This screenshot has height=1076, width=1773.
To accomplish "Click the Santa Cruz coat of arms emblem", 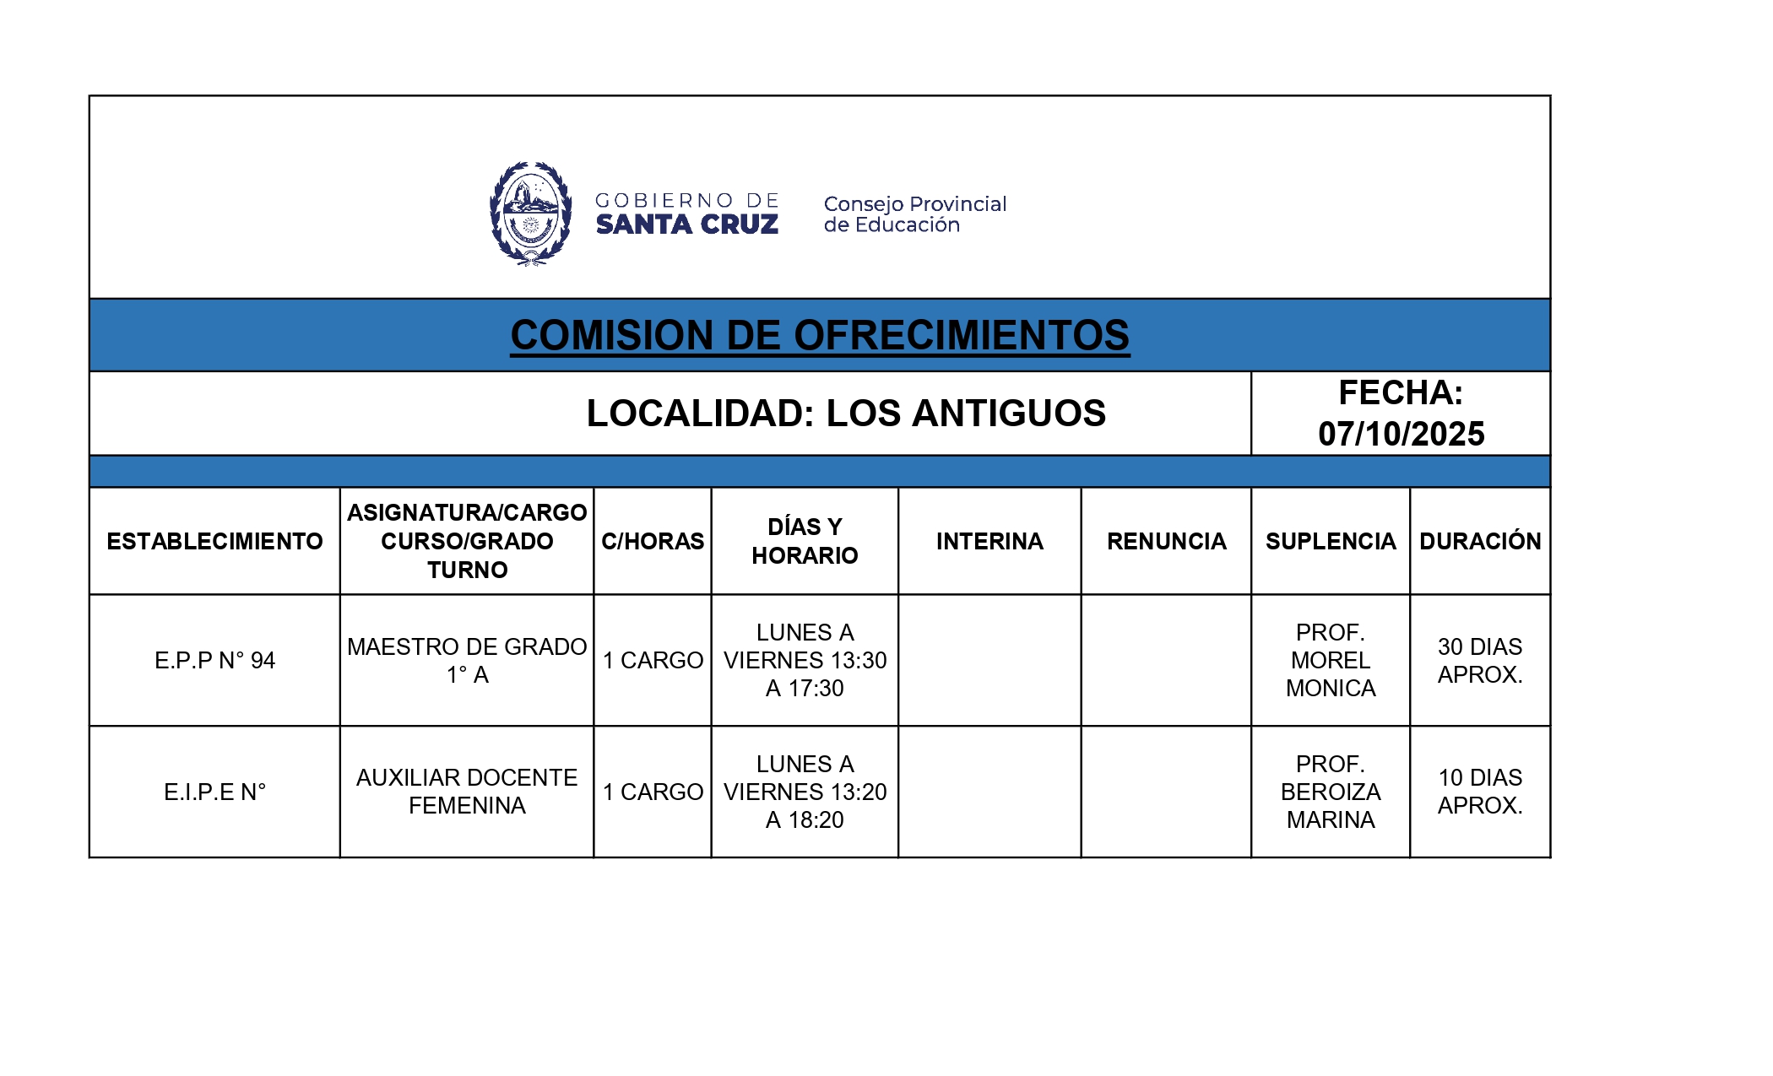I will (x=530, y=214).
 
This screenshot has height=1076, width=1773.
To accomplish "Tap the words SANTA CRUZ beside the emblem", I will (x=686, y=224).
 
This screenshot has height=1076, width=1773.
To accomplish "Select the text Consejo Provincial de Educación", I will (x=914, y=214).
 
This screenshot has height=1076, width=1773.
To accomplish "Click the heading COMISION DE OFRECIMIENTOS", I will (x=819, y=335).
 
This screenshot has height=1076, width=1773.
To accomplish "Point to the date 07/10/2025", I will (x=1401, y=434).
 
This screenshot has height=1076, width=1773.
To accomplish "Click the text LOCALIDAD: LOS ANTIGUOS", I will (x=845, y=414).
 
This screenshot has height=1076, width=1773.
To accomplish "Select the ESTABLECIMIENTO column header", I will (x=214, y=541).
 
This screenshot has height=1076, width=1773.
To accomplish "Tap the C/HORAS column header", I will (x=652, y=541).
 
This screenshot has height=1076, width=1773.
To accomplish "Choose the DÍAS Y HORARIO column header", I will (x=805, y=541).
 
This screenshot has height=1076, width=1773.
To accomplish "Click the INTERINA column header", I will (x=990, y=541).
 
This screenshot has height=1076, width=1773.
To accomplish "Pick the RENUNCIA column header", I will (x=1166, y=541).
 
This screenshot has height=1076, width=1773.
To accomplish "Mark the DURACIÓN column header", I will (x=1480, y=541).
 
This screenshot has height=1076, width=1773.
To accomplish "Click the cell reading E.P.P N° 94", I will (x=214, y=660).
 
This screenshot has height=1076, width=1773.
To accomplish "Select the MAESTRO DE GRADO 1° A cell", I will (x=467, y=660).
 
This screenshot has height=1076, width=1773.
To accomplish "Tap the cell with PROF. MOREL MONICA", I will (x=1330, y=660).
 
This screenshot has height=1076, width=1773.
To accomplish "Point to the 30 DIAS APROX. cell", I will (x=1480, y=660).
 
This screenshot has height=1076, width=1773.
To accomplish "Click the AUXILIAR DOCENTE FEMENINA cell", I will (x=467, y=792).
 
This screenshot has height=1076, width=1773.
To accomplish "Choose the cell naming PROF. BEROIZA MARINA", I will (x=1330, y=792).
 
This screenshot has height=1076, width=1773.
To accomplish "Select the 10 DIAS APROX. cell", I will (x=1480, y=792).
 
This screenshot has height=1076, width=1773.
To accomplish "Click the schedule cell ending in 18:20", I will (x=805, y=792).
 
